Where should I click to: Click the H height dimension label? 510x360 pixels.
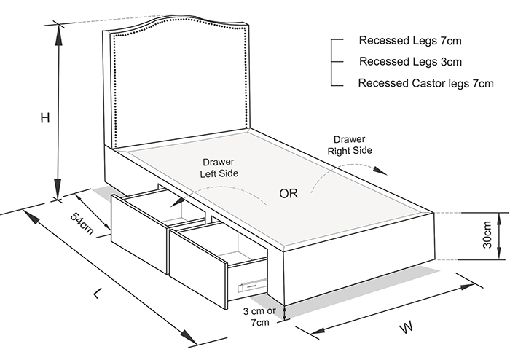[45, 118]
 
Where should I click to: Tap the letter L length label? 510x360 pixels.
[97, 294]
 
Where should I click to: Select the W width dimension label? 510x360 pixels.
[407, 326]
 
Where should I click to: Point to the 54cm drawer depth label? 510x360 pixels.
[82, 224]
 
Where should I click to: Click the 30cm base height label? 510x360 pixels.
[487, 235]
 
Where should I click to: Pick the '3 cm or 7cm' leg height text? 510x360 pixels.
[259, 316]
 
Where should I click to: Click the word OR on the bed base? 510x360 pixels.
[289, 194]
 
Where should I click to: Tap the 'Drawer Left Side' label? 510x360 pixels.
[219, 168]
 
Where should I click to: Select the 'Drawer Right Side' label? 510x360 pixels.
[350, 145]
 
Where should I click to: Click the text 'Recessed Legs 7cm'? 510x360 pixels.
[410, 41]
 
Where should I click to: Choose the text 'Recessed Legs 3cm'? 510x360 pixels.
[410, 61]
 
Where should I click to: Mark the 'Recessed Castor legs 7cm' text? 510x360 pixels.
[425, 83]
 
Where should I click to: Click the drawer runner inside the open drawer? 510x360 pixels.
[252, 285]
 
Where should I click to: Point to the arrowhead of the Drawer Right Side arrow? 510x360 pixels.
[380, 171]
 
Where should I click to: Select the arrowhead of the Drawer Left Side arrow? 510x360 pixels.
[177, 202]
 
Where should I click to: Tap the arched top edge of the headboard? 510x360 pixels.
[176, 20]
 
